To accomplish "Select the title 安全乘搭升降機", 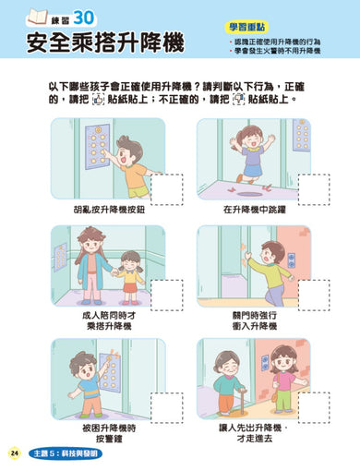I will click(105, 43).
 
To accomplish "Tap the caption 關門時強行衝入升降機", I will click(255, 320).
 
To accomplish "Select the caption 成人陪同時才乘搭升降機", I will click(109, 320).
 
